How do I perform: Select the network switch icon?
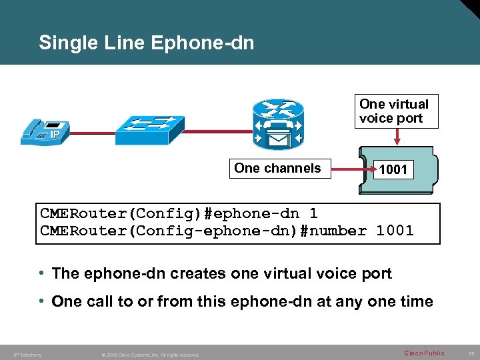coord(145,129)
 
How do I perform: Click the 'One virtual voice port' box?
coord(394,111)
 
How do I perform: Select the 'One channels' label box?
coord(277,169)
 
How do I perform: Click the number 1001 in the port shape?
coord(393,170)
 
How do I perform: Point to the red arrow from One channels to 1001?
coord(349,171)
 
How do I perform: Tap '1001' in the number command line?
coord(395,231)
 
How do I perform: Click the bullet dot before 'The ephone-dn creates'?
coord(42,273)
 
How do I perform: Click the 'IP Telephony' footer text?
coord(27,355)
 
